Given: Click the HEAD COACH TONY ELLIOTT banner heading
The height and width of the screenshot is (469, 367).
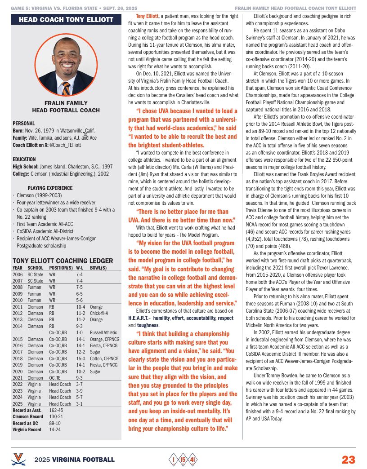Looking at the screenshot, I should (66, 19).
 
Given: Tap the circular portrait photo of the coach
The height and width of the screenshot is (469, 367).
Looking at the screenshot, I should (66, 64).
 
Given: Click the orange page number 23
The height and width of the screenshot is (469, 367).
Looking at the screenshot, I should (348, 460).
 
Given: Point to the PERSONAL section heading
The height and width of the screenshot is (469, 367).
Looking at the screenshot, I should (24, 123).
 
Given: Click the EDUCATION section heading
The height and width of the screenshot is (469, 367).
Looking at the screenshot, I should (24, 159).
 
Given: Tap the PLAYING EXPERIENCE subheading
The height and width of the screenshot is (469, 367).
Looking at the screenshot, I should (50, 188).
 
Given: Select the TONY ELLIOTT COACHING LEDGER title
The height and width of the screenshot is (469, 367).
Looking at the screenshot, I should (63, 261).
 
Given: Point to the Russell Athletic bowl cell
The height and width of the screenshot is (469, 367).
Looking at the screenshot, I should (103, 332).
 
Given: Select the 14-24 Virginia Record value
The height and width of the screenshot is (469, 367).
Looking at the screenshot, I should (55, 429).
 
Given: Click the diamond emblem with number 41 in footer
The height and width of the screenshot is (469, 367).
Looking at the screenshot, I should (192, 460).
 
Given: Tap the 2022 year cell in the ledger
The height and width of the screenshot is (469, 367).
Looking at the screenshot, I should (18, 385).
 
